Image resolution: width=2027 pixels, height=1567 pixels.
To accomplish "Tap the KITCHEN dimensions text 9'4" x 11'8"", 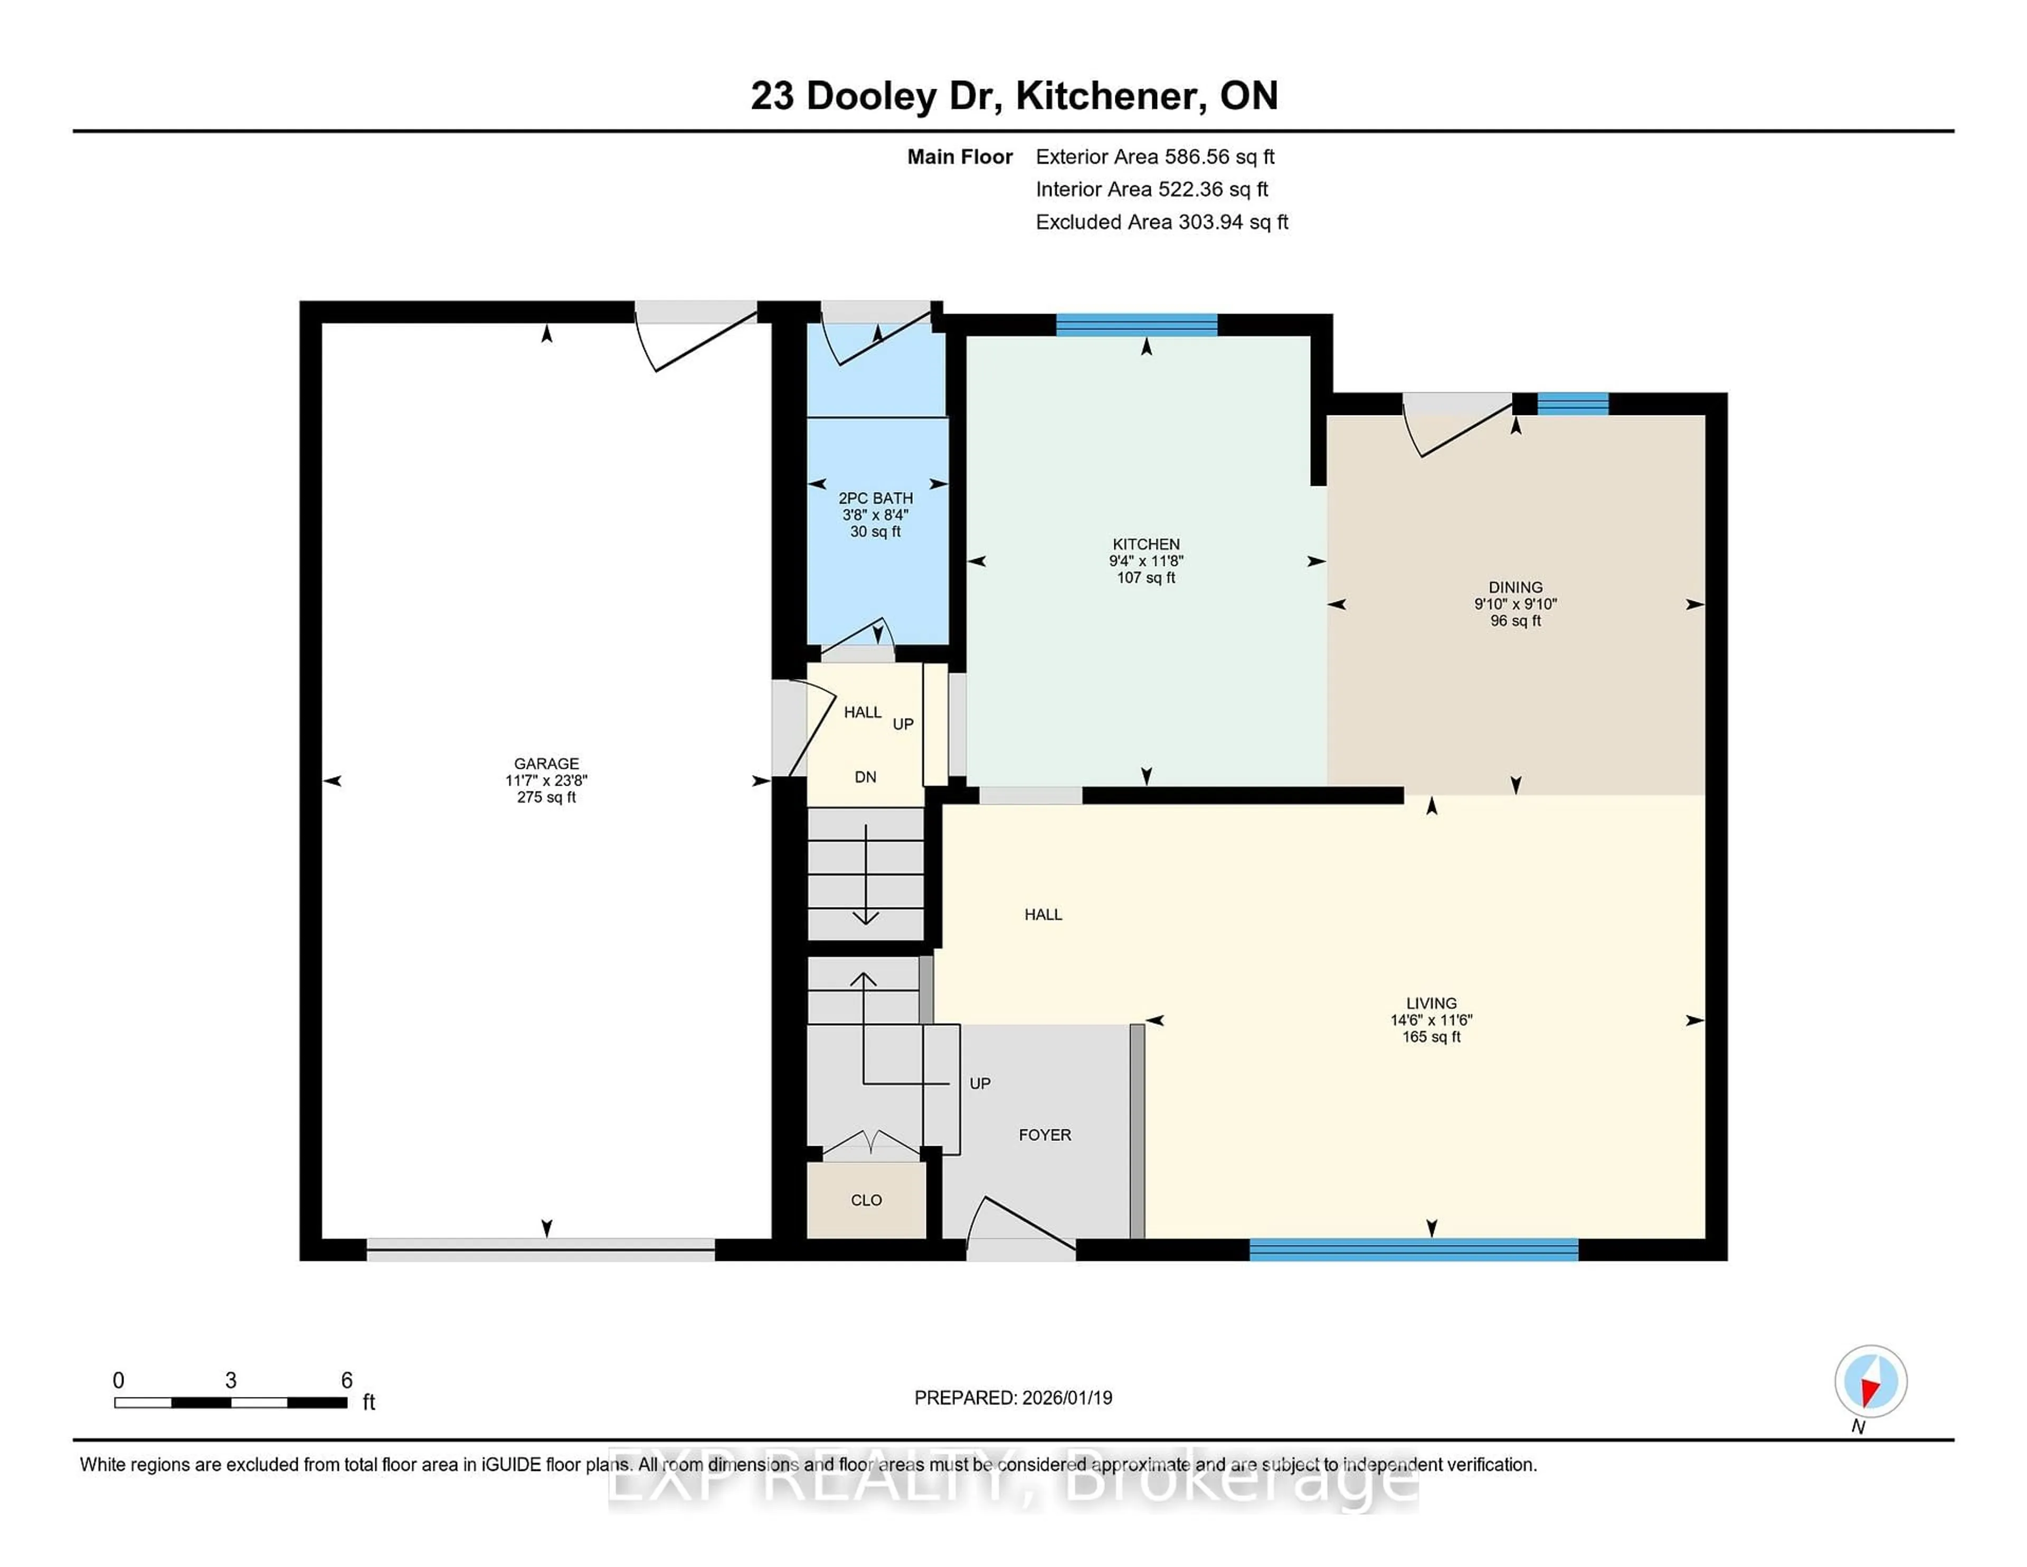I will click(1145, 561).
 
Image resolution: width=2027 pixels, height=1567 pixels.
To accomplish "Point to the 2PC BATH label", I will click(875, 497).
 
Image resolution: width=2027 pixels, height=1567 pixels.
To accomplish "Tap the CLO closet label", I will click(866, 1200).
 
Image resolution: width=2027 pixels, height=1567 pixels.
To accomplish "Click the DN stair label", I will click(865, 777).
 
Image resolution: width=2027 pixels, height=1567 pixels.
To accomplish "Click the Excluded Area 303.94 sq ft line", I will click(1161, 222).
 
